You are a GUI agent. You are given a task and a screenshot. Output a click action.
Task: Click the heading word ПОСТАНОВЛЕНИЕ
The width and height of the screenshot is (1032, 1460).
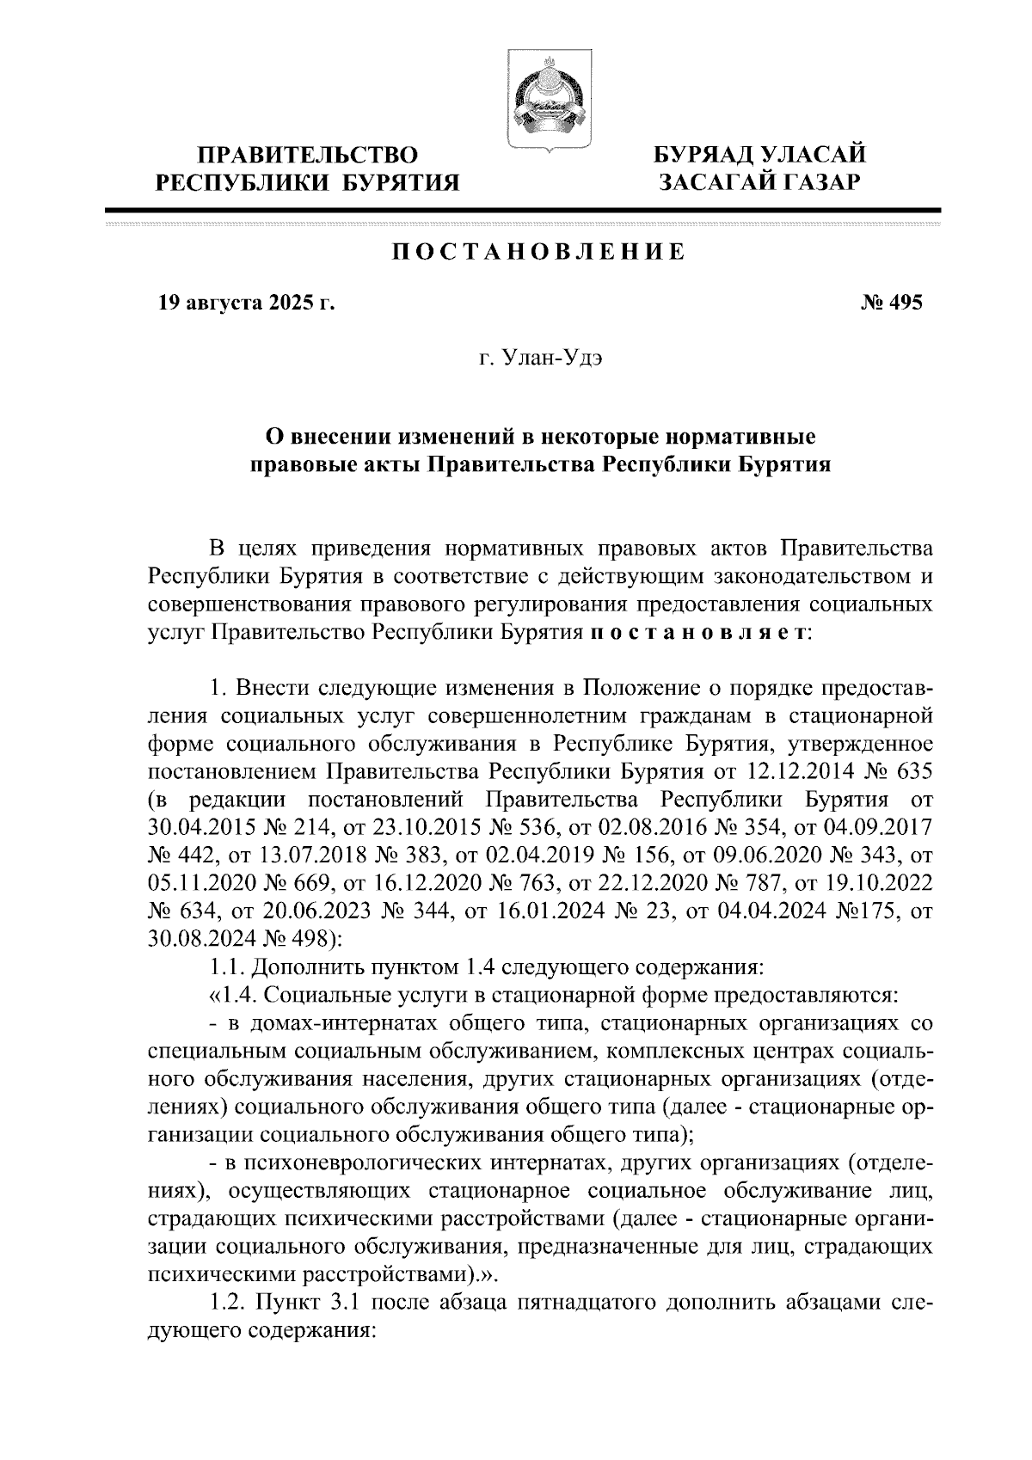click(539, 253)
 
